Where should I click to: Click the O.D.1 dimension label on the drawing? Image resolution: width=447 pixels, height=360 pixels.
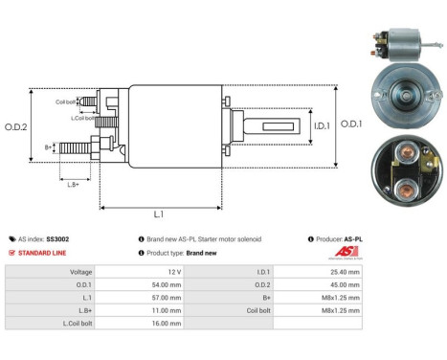pos(352,124)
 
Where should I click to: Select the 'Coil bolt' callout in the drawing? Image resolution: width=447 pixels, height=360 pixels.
pos(64,101)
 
